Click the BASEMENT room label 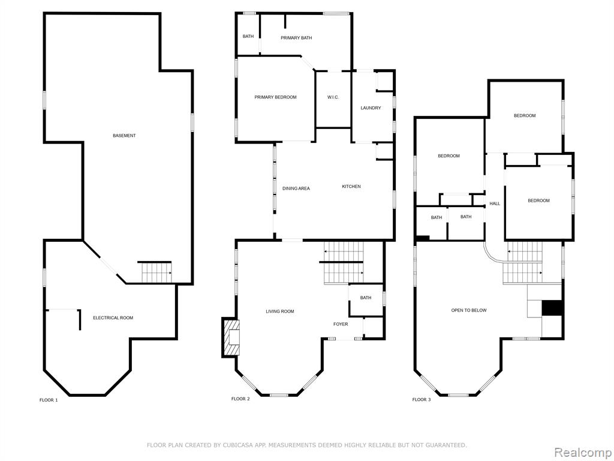point(124,136)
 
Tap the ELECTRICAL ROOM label point(113,318)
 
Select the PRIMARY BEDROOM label point(275,97)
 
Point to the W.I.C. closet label point(333,97)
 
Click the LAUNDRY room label point(371,108)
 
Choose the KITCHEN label point(351,187)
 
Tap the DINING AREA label point(296,188)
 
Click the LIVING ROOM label point(280,312)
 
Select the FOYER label point(341,324)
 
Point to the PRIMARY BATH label point(296,38)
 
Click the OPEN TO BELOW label point(469,310)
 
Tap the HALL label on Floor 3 point(495,204)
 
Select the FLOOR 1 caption point(49,400)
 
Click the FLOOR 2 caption point(240,399)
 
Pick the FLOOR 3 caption point(422,400)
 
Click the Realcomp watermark point(583,452)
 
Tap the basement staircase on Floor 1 point(156,272)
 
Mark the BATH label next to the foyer point(366,298)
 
